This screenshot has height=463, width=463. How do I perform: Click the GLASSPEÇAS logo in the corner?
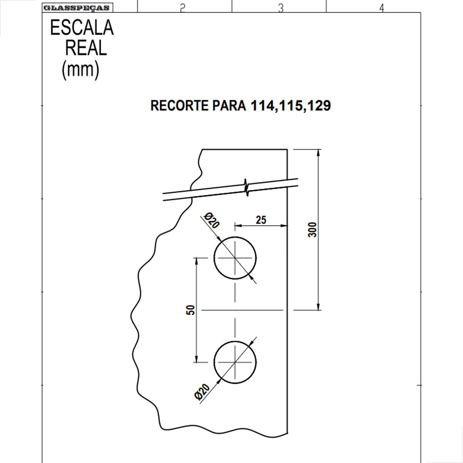click(x=77, y=8)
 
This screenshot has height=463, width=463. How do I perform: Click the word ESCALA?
click(x=82, y=28)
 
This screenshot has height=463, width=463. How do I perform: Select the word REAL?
click(x=86, y=48)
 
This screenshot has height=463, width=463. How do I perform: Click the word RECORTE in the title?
click(x=179, y=106)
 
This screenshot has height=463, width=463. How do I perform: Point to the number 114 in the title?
click(x=262, y=106)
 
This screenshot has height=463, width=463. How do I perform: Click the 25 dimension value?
click(x=261, y=220)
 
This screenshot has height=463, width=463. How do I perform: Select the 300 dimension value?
click(x=313, y=230)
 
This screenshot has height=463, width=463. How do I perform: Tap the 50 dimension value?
click(x=191, y=310)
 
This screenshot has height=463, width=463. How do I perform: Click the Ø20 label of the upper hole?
click(x=212, y=220)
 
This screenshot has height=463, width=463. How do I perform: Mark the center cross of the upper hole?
click(x=235, y=258)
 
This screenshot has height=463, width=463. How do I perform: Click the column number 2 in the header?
click(x=182, y=8)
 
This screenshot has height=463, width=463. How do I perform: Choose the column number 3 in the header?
click(x=280, y=8)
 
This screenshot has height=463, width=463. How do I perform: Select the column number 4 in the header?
click(x=382, y=8)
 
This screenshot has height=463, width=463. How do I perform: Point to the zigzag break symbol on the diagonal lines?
click(x=247, y=187)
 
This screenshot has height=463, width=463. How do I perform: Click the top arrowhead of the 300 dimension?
click(x=319, y=152)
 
